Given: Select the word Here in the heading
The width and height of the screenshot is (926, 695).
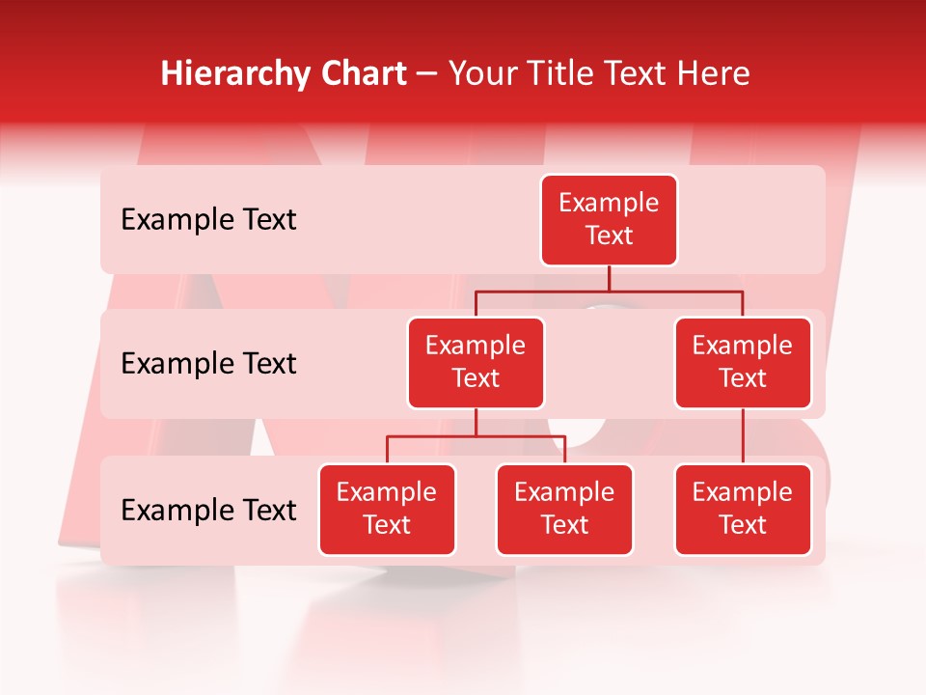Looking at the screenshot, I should point(713,74).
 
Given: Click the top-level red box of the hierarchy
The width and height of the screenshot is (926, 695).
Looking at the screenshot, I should point(609,220).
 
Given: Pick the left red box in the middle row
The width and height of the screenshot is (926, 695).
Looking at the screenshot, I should point(476,363).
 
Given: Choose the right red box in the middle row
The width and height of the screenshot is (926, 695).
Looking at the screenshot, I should point(743,363).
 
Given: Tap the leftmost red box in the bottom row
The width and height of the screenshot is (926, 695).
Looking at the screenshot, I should point(387,510).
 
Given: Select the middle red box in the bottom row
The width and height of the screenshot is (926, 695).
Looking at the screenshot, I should point(564,510).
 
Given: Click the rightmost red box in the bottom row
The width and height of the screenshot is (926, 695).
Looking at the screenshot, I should point(743,510).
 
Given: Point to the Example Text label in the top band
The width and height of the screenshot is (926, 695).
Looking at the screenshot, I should point(208,220).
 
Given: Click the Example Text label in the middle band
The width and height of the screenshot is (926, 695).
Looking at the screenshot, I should point(208,364).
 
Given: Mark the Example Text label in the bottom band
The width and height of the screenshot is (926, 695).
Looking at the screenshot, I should point(208,510).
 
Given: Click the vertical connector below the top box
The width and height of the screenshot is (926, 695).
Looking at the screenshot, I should point(609,278).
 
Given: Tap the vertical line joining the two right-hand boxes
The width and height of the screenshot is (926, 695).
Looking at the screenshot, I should point(743,436).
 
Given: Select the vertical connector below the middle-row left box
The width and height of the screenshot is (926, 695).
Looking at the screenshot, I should point(476,422).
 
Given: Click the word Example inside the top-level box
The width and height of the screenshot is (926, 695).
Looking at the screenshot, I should point(609,203).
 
